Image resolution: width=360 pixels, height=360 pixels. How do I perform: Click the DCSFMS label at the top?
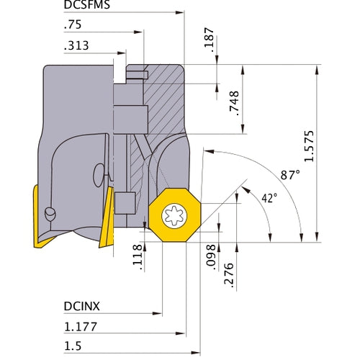(88, 6)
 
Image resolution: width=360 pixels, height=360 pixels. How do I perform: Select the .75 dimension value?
(73, 24)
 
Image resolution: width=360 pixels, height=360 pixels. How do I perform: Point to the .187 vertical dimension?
(210, 42)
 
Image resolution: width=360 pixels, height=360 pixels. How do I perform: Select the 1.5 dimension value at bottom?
(72, 346)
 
